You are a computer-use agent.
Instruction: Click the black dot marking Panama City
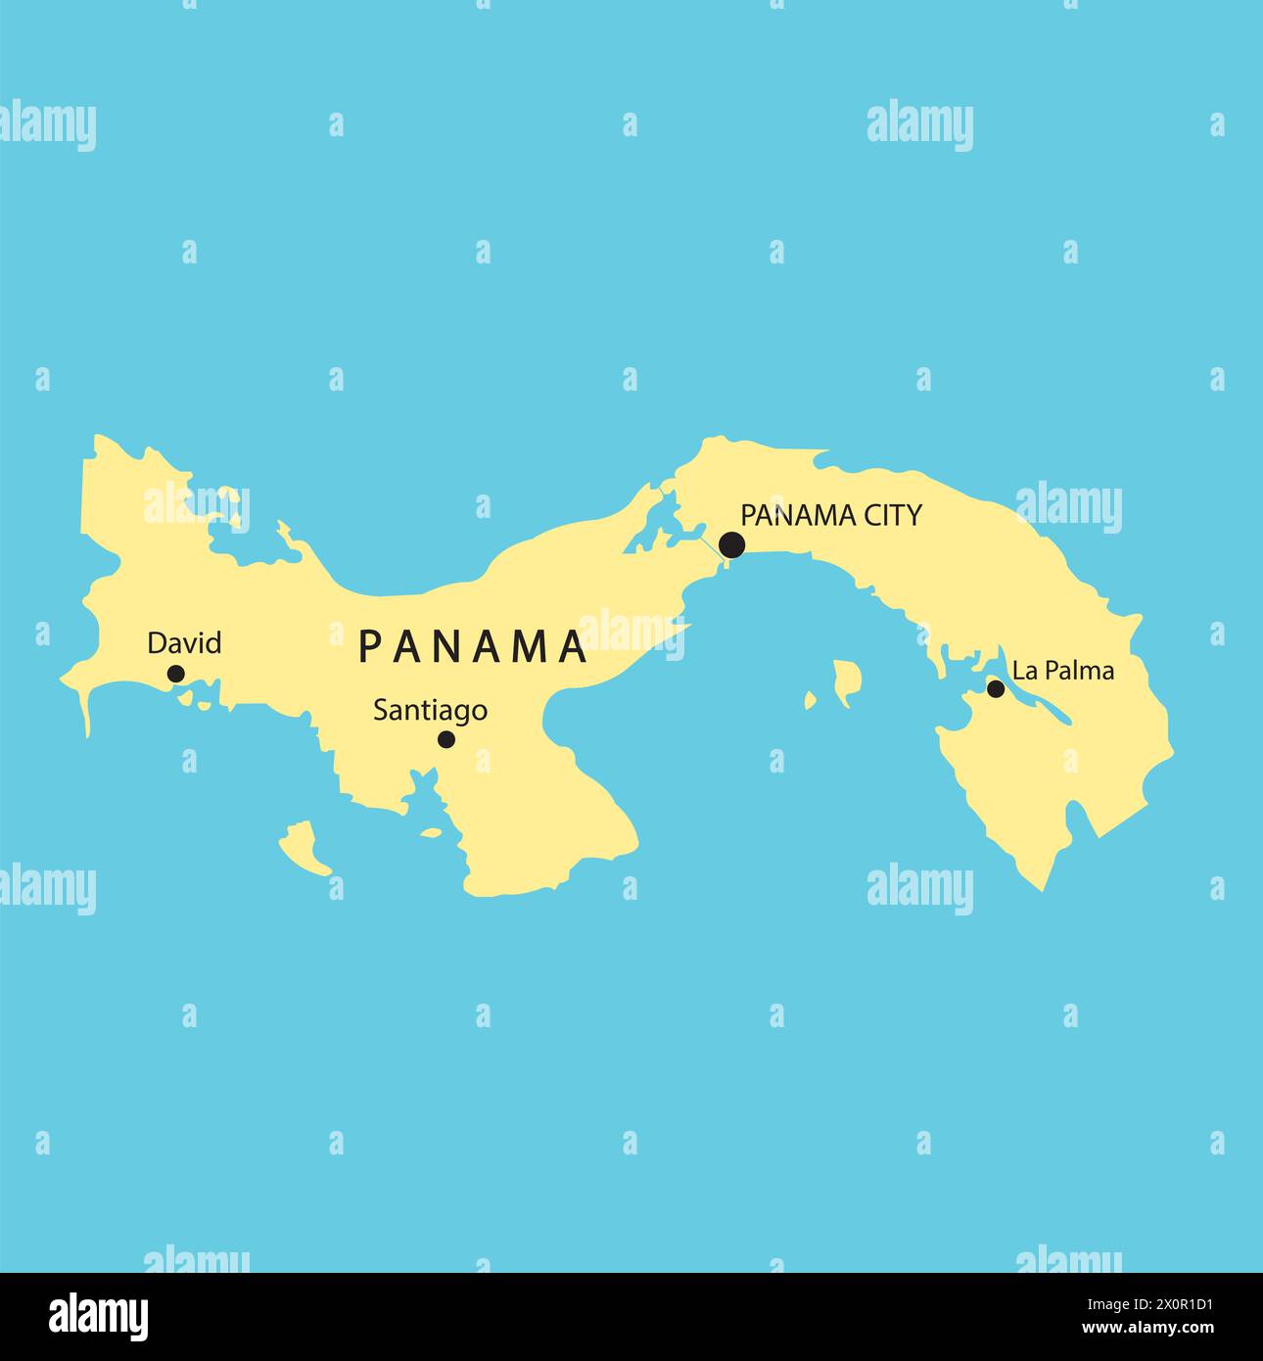[731, 545]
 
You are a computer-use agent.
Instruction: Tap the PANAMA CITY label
[830, 515]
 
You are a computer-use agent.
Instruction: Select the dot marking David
[176, 674]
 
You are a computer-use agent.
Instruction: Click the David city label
[184, 643]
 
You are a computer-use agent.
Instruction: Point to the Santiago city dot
[445, 739]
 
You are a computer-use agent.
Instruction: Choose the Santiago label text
[430, 710]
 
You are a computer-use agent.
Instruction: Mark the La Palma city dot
[996, 688]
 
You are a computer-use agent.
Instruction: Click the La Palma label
[1062, 671]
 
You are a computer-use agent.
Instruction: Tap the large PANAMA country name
[472, 645]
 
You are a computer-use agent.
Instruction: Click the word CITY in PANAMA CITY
[889, 515]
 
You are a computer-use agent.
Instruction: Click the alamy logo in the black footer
[98, 1317]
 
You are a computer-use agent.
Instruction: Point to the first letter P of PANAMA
[369, 645]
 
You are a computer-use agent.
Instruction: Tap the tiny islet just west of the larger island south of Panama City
[810, 700]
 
